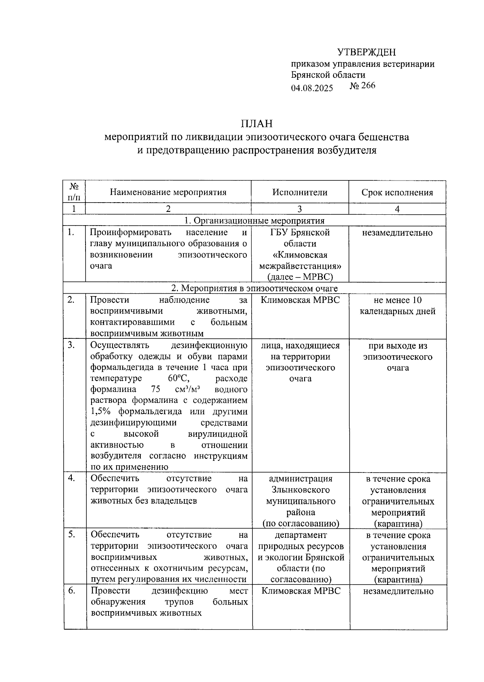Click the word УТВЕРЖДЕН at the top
coord(366,52)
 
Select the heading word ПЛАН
coord(257,123)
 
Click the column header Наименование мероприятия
coord(168,192)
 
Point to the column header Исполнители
coord(300,192)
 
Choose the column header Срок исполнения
coord(397,193)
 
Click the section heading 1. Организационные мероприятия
coord(254,220)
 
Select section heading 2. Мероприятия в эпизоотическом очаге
coord(254,288)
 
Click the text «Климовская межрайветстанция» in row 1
coord(300,260)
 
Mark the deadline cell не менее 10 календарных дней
coord(397,306)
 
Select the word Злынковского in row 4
coord(300,490)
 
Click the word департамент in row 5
coord(300,535)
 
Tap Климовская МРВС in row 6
coord(300,591)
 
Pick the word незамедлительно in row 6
coord(398,591)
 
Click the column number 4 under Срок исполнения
coord(397,209)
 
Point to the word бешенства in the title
coord(384,137)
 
